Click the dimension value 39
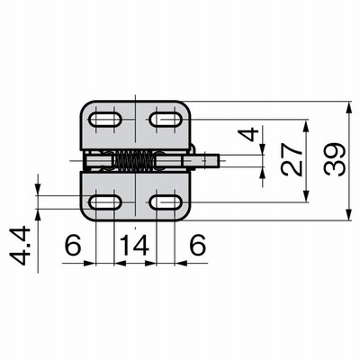click(x=334, y=160)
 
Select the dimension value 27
click(x=292, y=159)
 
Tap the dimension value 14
click(x=135, y=245)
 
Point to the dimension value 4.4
click(x=20, y=247)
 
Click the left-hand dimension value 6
click(x=73, y=245)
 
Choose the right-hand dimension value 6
click(x=198, y=245)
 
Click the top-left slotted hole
click(x=105, y=120)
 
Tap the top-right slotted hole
click(x=166, y=120)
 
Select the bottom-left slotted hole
click(x=105, y=202)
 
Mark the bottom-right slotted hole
click(x=166, y=202)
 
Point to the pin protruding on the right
click(x=202, y=160)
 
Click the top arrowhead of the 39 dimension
click(x=348, y=107)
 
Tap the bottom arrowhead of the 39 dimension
click(x=348, y=215)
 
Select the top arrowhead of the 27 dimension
click(x=306, y=126)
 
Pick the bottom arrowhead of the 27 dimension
click(x=306, y=196)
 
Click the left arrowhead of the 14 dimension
click(x=120, y=264)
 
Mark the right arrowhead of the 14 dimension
click(x=150, y=264)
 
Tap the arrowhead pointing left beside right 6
click(x=181, y=264)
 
